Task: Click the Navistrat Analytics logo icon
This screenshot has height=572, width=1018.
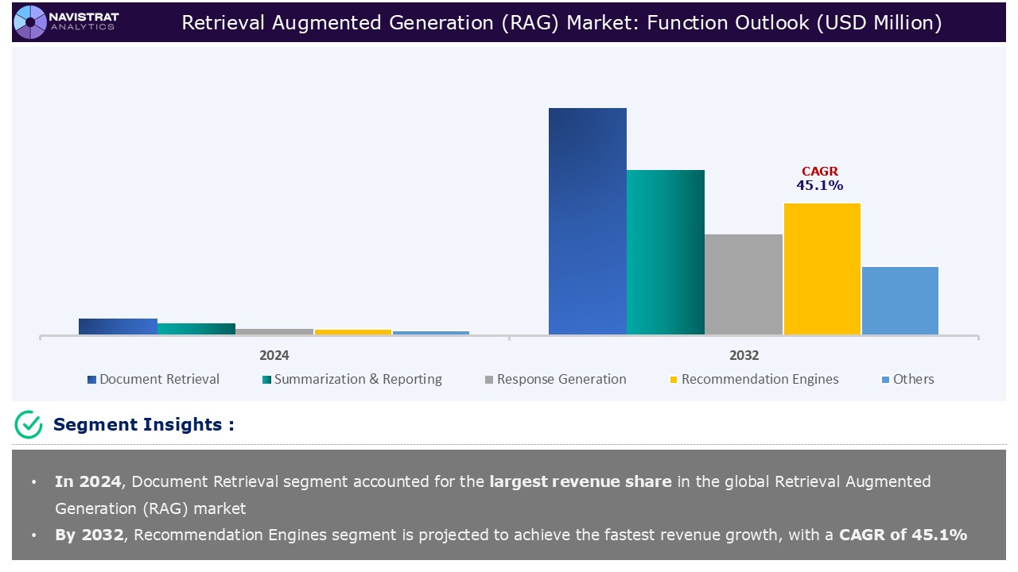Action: click(30, 21)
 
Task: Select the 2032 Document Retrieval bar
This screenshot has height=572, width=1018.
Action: click(588, 221)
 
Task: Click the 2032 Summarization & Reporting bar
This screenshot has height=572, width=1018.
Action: click(666, 252)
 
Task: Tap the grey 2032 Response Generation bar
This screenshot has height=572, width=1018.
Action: click(744, 284)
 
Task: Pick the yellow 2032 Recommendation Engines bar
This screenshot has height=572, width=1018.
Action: click(822, 269)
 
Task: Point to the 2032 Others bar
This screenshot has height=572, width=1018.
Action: click(899, 300)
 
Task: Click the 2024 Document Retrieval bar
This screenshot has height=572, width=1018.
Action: click(119, 327)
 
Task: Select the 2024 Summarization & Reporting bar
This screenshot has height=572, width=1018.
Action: click(196, 329)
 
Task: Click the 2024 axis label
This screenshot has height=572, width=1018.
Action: click(274, 355)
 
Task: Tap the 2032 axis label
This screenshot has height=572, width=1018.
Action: click(744, 355)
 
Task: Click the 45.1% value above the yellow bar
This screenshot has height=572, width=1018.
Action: click(819, 186)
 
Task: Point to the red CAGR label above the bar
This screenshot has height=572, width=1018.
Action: click(819, 172)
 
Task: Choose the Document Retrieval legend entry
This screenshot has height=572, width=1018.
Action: click(153, 380)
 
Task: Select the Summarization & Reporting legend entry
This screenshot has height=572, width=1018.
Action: click(352, 380)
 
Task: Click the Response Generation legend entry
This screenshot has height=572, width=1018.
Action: click(555, 380)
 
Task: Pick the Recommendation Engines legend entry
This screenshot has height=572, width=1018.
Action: click(754, 380)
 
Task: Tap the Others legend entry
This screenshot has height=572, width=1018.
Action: click(907, 380)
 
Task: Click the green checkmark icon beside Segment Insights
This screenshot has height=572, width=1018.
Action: click(29, 425)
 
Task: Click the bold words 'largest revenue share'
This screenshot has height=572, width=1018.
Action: click(581, 481)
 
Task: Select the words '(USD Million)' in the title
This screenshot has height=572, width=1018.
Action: click(880, 23)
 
